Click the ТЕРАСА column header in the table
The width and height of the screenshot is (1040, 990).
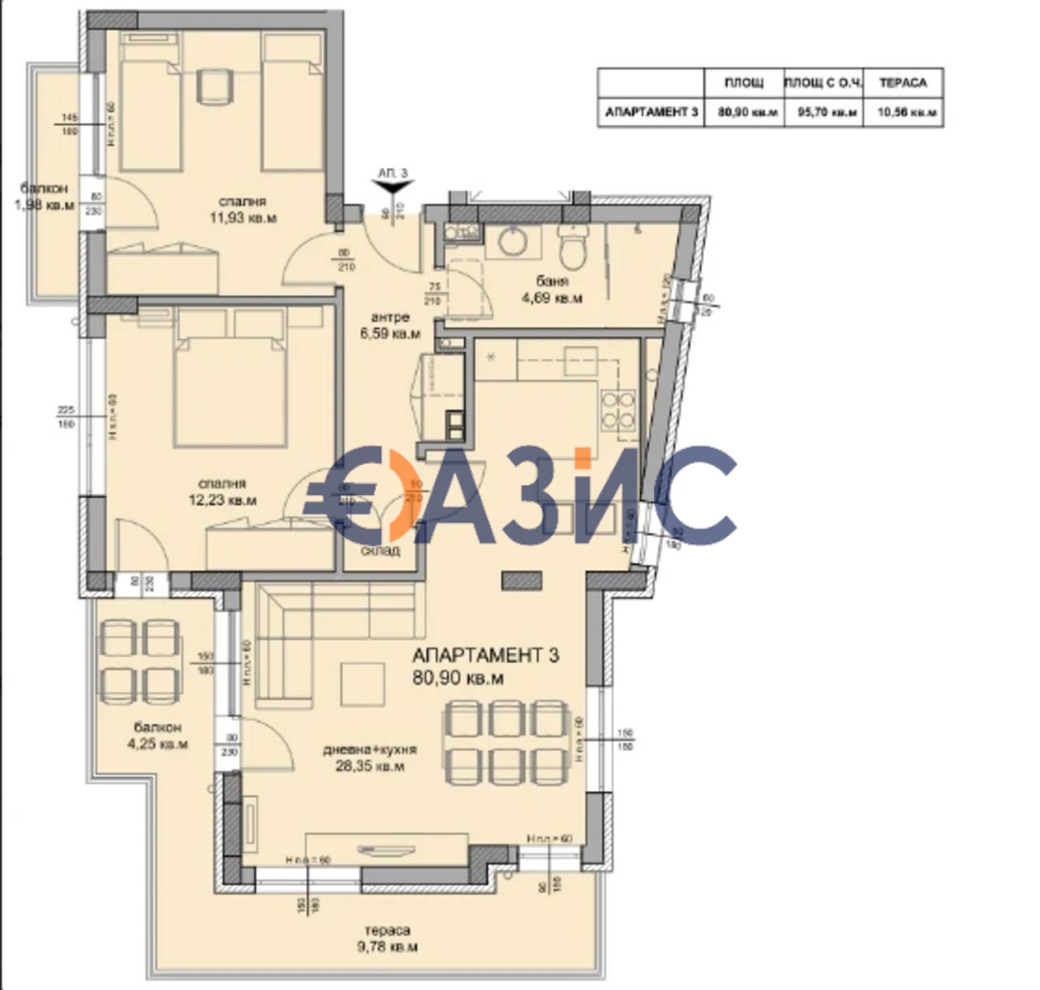(903, 83)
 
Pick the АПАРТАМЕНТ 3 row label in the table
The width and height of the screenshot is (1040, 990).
(651, 112)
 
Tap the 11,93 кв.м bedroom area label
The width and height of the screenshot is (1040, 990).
(242, 210)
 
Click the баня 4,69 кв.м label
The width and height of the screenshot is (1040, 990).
(552, 289)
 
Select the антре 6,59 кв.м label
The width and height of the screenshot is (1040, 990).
(390, 325)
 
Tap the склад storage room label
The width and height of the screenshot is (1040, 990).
(380, 550)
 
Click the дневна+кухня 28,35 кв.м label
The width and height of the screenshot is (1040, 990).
(370, 758)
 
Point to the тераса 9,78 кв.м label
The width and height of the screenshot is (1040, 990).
(387, 939)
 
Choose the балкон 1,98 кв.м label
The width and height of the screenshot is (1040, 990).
(44, 198)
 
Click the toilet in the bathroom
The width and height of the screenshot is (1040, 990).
(573, 244)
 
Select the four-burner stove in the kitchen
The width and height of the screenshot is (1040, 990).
(617, 410)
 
